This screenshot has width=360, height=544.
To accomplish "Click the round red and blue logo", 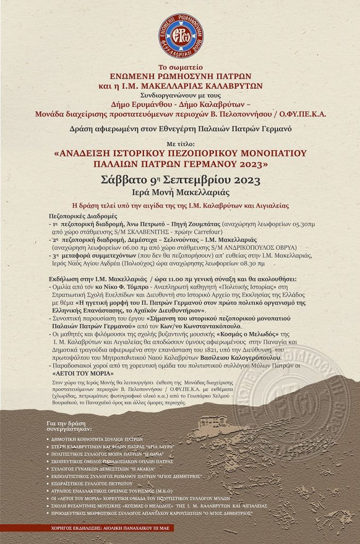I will coord(180,36).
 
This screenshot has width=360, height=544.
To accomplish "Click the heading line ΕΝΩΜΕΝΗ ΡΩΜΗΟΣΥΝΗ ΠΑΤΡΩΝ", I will coord(180,76).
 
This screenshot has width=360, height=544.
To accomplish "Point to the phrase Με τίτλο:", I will coord(180,142).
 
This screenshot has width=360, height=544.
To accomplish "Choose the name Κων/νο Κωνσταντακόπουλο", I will coord(201,325).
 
